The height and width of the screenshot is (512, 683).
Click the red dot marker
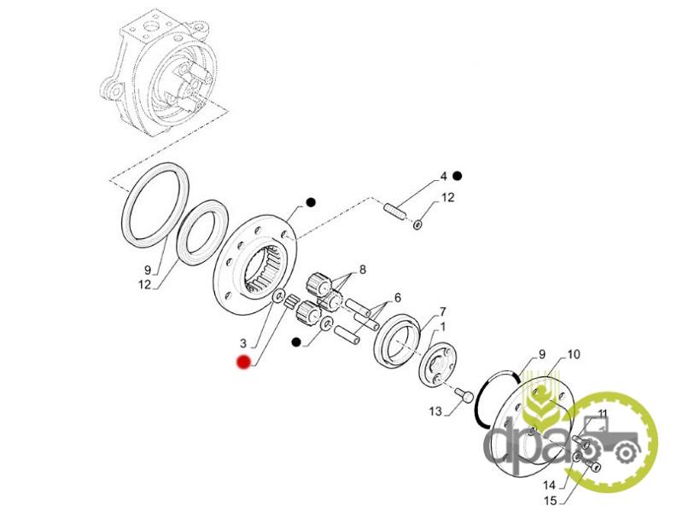pyautogui.click(x=243, y=362)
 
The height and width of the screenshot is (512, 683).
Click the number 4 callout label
pyautogui.click(x=443, y=177)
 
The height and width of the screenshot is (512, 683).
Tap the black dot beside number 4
pyautogui.click(x=458, y=177)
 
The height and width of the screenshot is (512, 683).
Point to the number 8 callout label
pyautogui.click(x=362, y=270)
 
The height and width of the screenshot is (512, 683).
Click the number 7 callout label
pyautogui.click(x=442, y=311)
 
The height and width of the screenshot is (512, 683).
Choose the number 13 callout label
pyautogui.click(x=435, y=411)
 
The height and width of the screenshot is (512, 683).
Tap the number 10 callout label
pyautogui.click(x=573, y=352)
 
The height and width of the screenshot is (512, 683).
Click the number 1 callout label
pyautogui.click(x=443, y=327)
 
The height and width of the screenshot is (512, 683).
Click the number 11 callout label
pyautogui.click(x=603, y=414)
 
